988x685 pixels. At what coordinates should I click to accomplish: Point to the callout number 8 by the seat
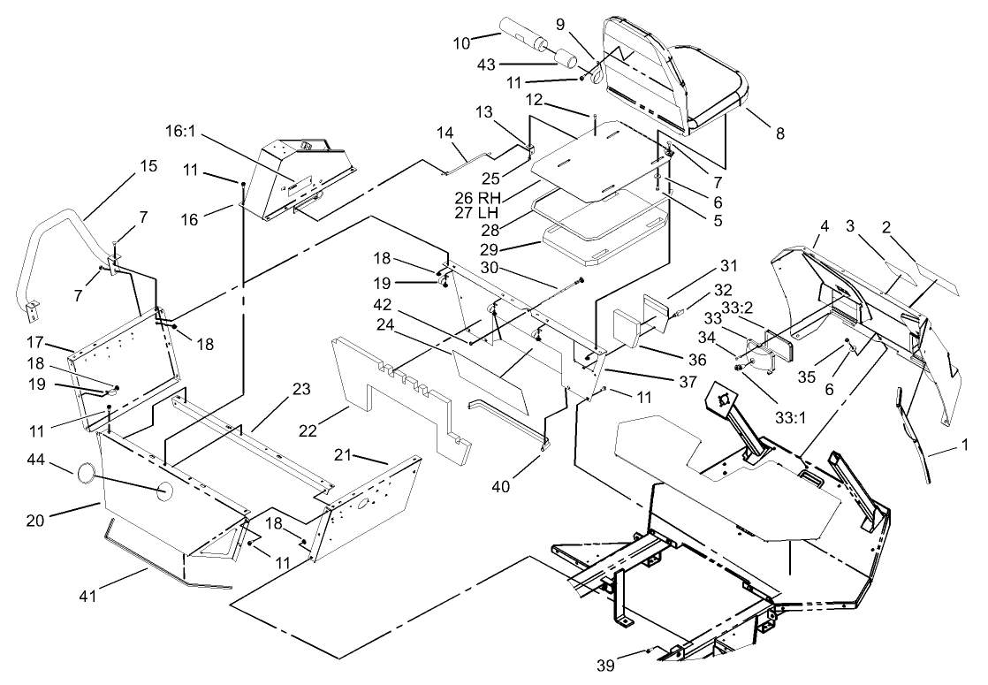(x=779, y=133)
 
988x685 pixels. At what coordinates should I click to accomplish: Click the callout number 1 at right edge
(x=967, y=444)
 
